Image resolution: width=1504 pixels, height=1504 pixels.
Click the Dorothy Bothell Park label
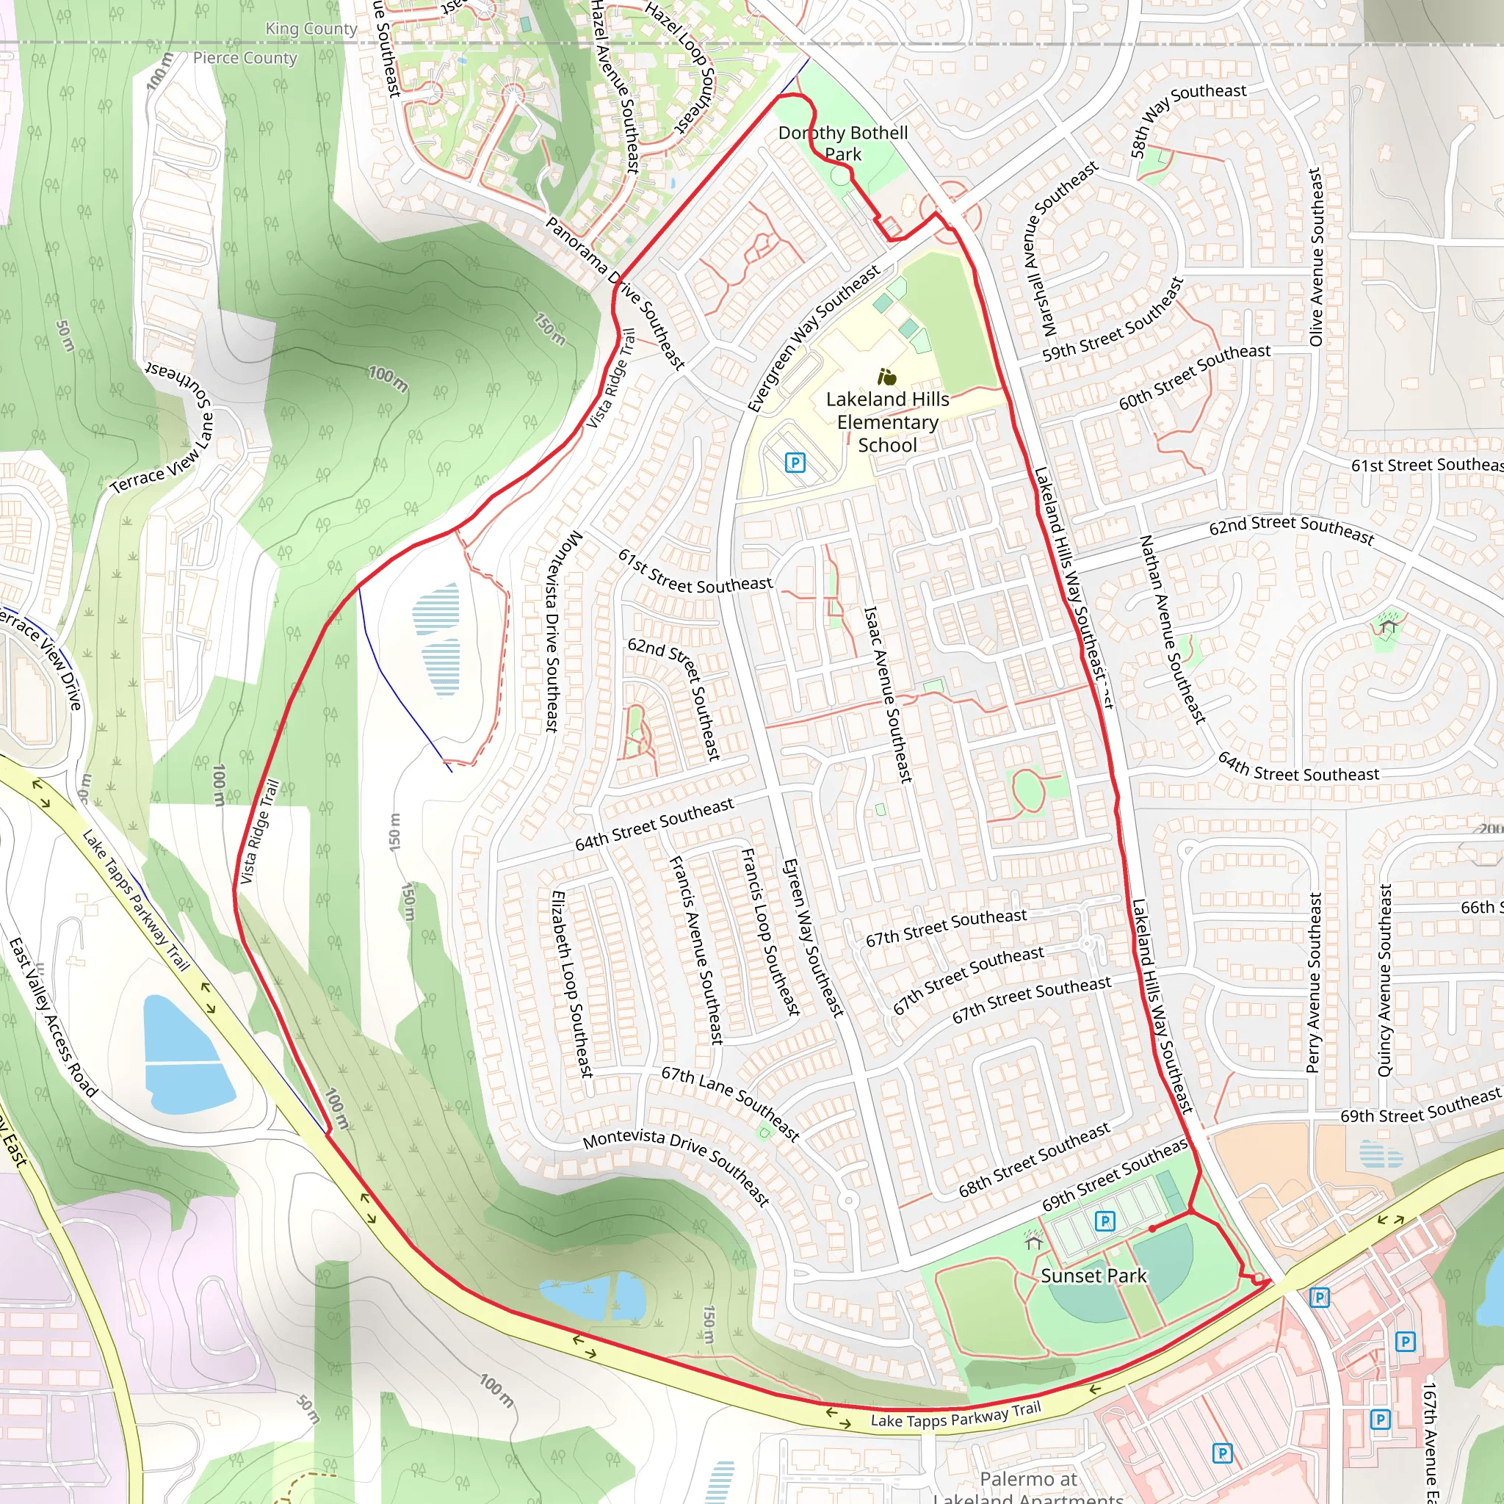[843, 143]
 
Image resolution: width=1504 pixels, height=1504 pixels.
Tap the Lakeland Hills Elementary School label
[887, 422]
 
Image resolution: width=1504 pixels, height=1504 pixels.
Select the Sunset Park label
[1093, 1276]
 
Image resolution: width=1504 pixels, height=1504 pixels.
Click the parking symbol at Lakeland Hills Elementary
[795, 463]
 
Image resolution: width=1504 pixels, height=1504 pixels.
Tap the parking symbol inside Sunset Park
[1104, 1221]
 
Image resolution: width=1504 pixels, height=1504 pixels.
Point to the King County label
[311, 29]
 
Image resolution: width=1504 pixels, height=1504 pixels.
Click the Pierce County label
[245, 57]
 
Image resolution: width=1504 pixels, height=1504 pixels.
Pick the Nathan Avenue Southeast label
[1172, 629]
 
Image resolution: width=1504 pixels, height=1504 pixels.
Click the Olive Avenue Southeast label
[1315, 257]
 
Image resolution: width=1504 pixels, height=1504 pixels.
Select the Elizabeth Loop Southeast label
[572, 984]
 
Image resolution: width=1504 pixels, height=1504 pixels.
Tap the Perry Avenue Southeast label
[1314, 983]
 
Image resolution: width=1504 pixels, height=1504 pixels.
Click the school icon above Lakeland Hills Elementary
[886, 378]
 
